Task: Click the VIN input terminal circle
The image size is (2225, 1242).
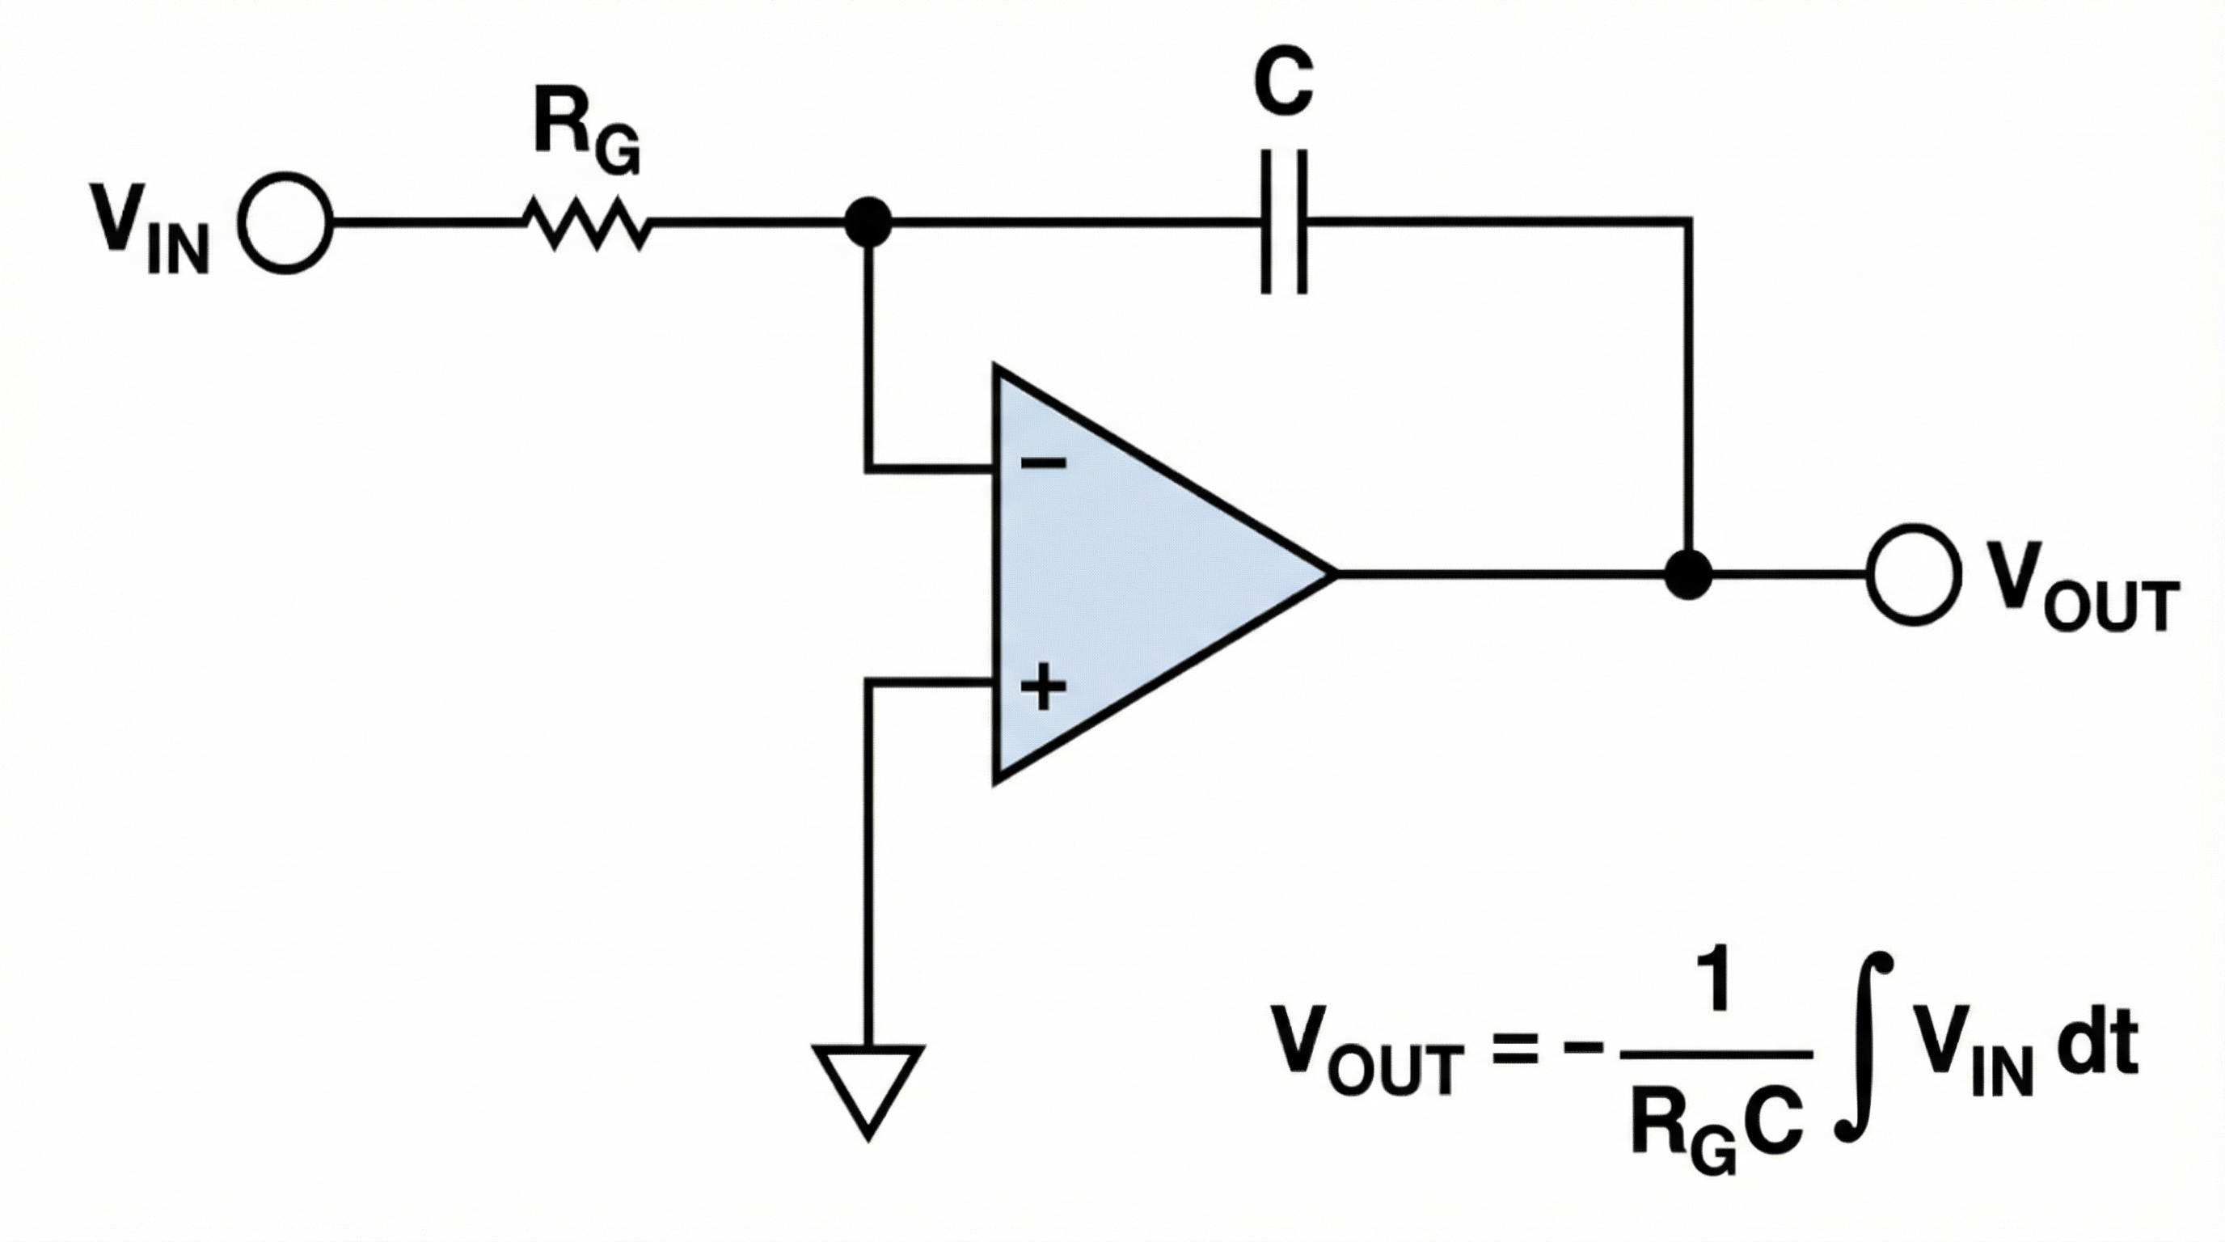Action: (x=285, y=223)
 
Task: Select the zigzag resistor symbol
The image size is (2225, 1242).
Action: (x=587, y=223)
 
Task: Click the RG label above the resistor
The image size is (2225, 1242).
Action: (x=585, y=129)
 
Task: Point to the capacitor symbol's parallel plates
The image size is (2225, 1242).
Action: (x=1284, y=223)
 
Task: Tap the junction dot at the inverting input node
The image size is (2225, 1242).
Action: (x=868, y=223)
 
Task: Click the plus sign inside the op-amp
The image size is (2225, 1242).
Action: (x=1044, y=687)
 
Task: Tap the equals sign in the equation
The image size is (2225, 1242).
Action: (x=1516, y=1054)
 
